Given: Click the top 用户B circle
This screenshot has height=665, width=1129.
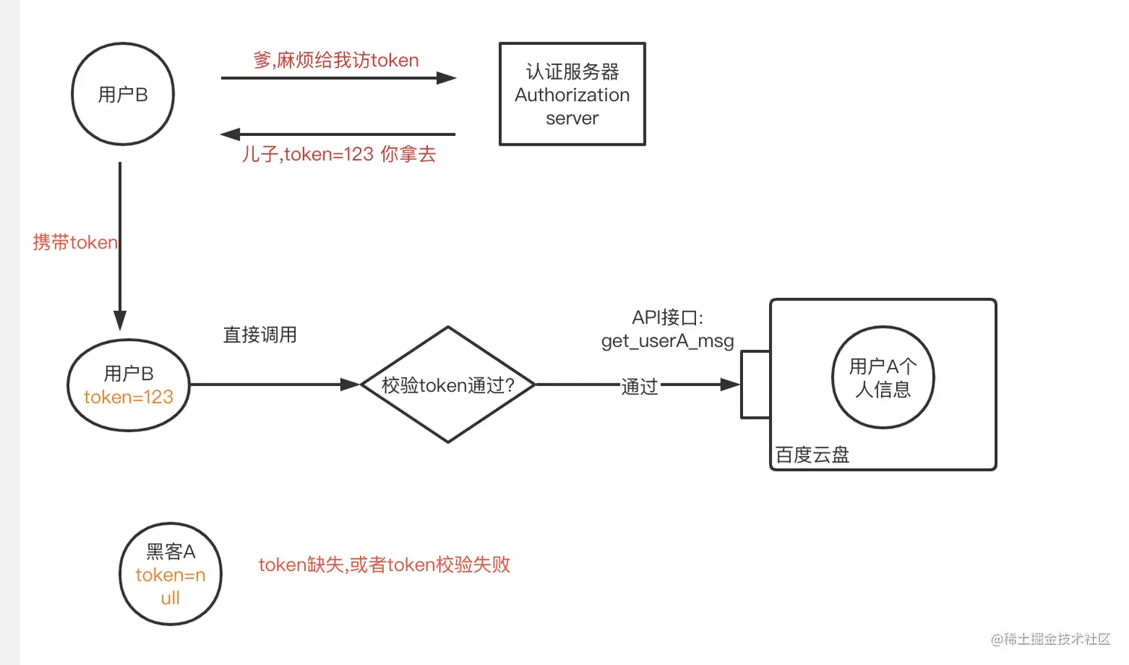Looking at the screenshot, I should (x=122, y=94).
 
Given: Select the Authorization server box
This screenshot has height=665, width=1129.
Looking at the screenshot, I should (x=572, y=94).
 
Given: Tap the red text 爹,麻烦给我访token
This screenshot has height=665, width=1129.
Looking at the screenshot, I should (x=336, y=60).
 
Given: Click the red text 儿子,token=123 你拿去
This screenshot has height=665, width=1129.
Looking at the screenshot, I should (x=338, y=154).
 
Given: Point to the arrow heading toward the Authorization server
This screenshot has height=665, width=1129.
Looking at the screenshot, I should (x=338, y=78).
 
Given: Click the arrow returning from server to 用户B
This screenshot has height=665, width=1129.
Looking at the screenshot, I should (x=338, y=134).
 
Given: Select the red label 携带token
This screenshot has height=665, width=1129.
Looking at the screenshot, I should (x=75, y=243).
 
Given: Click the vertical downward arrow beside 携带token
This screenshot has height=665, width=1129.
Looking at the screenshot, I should (x=119, y=246).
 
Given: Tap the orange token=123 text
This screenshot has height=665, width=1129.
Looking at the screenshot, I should (x=128, y=397).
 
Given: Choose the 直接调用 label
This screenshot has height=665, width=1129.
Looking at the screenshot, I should (x=260, y=334).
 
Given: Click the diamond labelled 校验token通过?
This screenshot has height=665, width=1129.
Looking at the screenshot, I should (x=448, y=385).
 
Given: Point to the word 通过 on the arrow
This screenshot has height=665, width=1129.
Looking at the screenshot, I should (x=639, y=387).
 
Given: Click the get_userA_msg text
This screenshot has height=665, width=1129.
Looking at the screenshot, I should (x=668, y=341).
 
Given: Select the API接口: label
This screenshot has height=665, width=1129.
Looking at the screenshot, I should (x=668, y=318).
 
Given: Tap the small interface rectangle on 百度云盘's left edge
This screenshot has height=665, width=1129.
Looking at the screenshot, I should (x=756, y=384).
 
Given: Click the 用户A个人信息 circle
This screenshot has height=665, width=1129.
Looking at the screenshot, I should (x=883, y=378).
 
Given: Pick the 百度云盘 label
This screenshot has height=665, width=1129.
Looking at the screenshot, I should (x=812, y=455).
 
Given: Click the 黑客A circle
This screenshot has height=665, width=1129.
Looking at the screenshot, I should (x=170, y=574).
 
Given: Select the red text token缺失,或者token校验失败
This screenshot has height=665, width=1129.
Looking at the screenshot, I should (x=384, y=565).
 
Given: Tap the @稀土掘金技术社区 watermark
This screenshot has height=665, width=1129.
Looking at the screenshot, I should (x=1050, y=639).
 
